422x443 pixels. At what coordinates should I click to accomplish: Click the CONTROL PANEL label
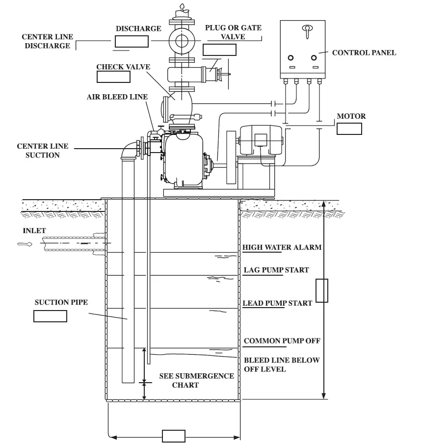pyautogui.click(x=364, y=52)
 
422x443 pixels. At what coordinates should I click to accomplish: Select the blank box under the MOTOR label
pyautogui.click(x=349, y=129)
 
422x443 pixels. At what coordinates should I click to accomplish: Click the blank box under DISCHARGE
pyautogui.click(x=132, y=41)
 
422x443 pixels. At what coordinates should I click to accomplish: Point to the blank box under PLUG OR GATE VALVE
pyautogui.click(x=219, y=49)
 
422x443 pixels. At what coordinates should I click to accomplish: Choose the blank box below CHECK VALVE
pyautogui.click(x=113, y=77)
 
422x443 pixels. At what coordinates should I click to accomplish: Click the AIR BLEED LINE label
pyautogui.click(x=117, y=97)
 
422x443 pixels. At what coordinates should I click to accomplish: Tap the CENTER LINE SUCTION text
pyautogui.click(x=42, y=151)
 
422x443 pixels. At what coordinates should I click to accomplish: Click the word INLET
pyautogui.click(x=34, y=231)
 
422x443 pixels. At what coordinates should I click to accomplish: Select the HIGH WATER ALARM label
pyautogui.click(x=282, y=247)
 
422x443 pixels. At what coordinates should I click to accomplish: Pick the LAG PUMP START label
pyautogui.click(x=276, y=270)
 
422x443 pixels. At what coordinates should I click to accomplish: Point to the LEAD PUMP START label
pyautogui.click(x=277, y=303)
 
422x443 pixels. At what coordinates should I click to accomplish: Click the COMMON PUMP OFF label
pyautogui.click(x=282, y=340)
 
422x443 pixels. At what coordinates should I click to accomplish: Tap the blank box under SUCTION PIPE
pyautogui.click(x=50, y=316)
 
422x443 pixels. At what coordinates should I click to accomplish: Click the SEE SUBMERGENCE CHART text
pyautogui.click(x=196, y=380)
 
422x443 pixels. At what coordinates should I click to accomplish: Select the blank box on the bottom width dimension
pyautogui.click(x=173, y=436)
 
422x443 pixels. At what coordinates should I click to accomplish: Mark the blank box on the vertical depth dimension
pyautogui.click(x=321, y=290)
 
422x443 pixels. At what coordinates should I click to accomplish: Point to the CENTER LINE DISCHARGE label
pyautogui.click(x=46, y=41)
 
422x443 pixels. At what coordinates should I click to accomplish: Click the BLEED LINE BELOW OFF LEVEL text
pyautogui.click(x=282, y=364)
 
